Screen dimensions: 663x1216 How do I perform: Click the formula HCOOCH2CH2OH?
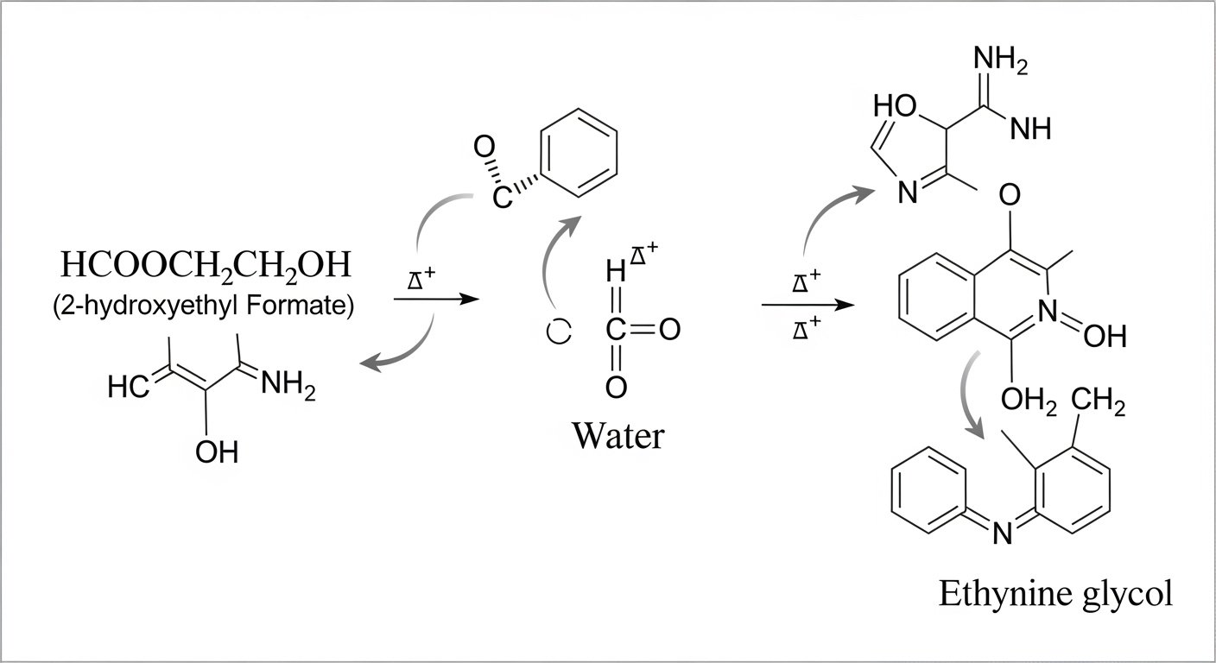206,266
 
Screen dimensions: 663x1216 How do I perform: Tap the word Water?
617,435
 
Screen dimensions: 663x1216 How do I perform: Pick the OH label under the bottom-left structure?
217,450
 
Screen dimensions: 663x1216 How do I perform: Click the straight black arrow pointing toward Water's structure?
436,300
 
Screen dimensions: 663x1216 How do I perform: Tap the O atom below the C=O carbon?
616,388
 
